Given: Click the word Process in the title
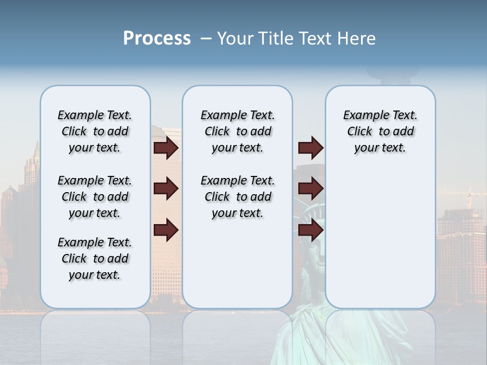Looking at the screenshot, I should [157, 39].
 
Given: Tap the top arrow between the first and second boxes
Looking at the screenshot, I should [166, 148].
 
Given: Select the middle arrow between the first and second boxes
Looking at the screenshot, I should [166, 189].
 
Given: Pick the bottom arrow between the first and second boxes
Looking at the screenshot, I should [166, 230].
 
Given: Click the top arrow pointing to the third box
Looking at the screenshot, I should [310, 148].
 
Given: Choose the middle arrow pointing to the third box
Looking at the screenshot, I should [310, 189].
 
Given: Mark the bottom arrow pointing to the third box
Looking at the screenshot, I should [310, 230].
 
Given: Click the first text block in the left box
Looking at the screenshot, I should [95, 131].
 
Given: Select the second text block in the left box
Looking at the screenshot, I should [95, 197].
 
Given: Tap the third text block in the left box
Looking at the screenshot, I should [95, 259].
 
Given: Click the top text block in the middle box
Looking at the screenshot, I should [237, 131].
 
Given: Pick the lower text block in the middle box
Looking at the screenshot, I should [237, 197].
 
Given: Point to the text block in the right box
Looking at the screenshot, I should [380, 131].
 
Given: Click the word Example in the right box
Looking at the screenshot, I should [361, 116].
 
